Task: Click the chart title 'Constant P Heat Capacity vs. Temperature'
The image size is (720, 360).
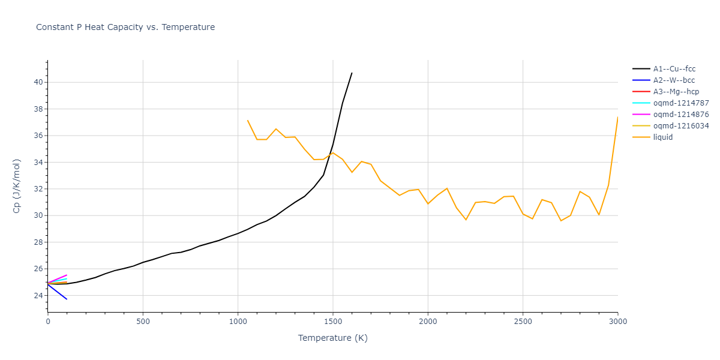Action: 125,27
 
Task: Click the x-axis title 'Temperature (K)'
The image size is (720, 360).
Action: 332,338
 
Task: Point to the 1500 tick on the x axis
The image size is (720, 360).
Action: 333,322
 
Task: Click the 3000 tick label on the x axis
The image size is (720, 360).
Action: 618,322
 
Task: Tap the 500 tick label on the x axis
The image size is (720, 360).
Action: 143,322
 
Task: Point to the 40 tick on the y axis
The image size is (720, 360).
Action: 38,82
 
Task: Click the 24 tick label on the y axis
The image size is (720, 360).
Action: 38,296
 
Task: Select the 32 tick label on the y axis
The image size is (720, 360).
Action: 38,189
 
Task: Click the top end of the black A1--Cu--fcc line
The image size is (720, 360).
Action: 352,73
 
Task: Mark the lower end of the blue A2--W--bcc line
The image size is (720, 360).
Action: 67,299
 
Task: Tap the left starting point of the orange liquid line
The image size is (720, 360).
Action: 247,120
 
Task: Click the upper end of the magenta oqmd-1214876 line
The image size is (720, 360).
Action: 67,275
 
